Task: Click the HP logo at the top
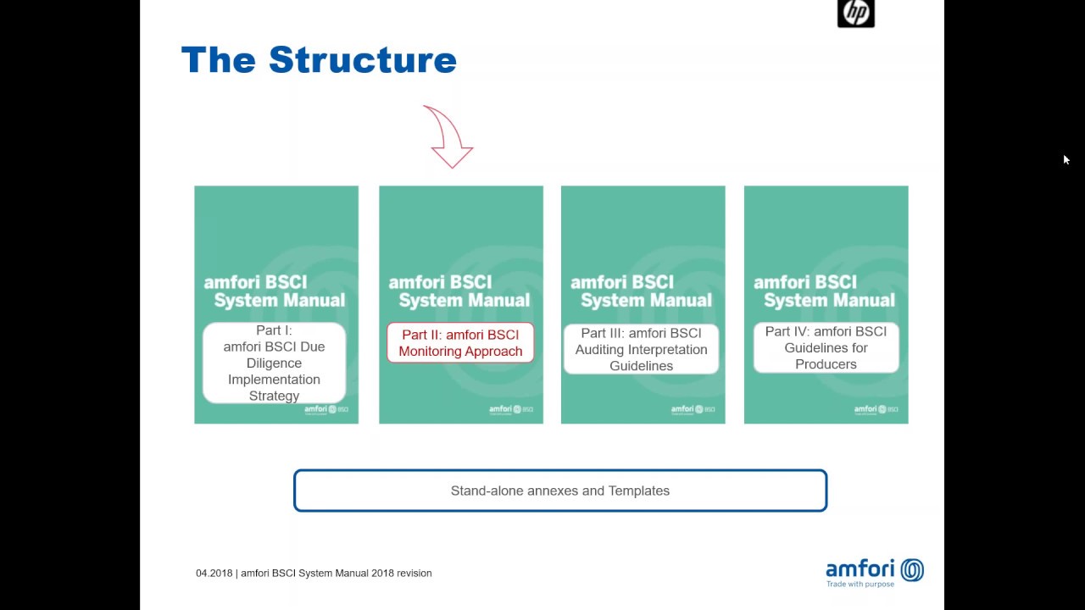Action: (x=855, y=13)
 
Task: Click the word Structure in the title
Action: (x=363, y=60)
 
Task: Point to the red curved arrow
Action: (x=448, y=137)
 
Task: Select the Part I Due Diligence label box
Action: (x=274, y=363)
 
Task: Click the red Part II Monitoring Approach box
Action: (x=460, y=343)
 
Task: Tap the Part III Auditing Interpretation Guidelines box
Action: (x=642, y=349)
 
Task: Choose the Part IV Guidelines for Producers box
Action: (x=826, y=347)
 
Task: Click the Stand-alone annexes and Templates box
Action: (x=559, y=491)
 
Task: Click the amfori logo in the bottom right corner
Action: (x=874, y=572)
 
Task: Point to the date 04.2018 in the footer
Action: (x=214, y=574)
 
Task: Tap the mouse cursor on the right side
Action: (x=1066, y=159)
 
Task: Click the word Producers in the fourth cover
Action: (x=826, y=364)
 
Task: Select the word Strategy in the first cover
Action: (x=274, y=396)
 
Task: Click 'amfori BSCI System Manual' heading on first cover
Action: (x=275, y=291)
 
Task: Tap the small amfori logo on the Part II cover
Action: (x=510, y=410)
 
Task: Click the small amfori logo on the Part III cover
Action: (x=693, y=410)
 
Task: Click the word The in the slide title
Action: (x=218, y=60)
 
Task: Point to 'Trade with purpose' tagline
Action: (x=860, y=584)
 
